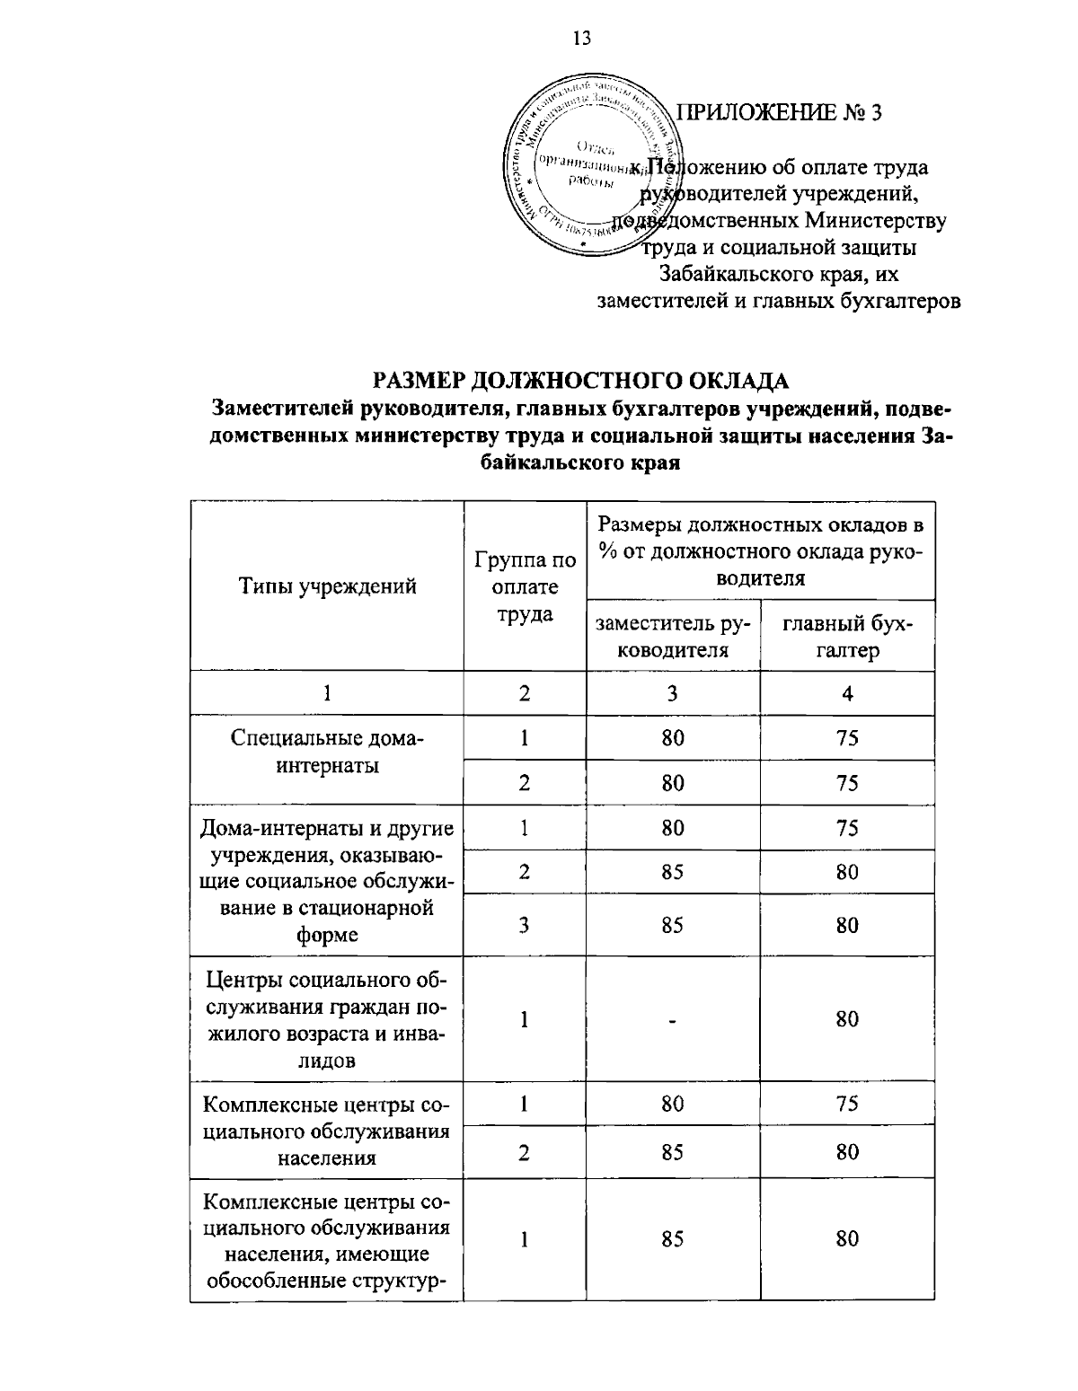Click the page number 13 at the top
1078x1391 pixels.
[x=581, y=38]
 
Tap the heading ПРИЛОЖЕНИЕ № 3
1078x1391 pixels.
[x=779, y=113]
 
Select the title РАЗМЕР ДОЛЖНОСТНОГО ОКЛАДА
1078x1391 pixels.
[x=581, y=381]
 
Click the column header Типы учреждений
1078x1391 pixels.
[x=327, y=586]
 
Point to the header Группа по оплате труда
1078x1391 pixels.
[x=525, y=587]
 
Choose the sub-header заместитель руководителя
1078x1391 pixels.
[x=672, y=636]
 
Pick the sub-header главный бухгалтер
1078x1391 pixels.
[x=847, y=636]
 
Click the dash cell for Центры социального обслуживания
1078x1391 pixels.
[x=672, y=1019]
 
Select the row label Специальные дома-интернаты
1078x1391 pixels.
[x=327, y=752]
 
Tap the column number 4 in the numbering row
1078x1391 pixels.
[x=847, y=693]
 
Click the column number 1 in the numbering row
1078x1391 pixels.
[x=327, y=693]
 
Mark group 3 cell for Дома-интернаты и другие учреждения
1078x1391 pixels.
[x=524, y=925]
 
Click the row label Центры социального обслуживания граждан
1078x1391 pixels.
[x=327, y=1019]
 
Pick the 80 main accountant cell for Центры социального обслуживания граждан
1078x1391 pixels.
[x=847, y=1019]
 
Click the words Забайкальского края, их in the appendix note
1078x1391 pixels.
[x=778, y=274]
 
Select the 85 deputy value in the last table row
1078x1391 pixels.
[x=672, y=1238]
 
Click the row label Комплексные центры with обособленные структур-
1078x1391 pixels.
[x=327, y=1239]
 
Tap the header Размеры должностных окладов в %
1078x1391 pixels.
[x=760, y=550]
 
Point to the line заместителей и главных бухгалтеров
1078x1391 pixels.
[x=779, y=301]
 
